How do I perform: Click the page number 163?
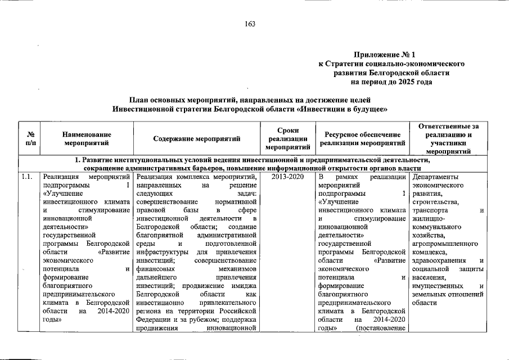(250, 23)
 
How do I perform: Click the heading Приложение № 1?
(384, 55)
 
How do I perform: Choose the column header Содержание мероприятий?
(196, 139)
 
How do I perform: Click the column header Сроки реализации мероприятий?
(287, 139)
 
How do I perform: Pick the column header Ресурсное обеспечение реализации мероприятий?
(362, 139)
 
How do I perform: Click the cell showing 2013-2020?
(287, 177)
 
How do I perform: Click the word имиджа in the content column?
(244, 286)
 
